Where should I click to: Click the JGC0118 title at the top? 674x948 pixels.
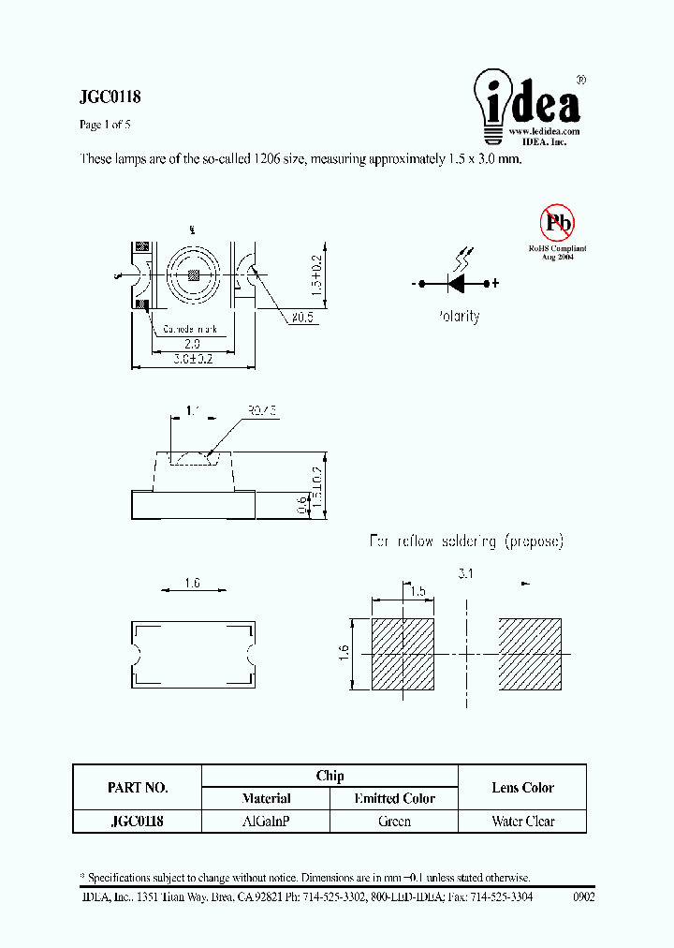coord(110,97)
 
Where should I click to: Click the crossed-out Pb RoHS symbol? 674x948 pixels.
coord(558,223)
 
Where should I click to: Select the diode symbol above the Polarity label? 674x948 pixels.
coord(458,283)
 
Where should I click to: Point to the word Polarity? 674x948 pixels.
coord(458,317)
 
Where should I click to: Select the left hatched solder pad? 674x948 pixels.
coord(403,654)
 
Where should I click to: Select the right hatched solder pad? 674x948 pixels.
coord(530,654)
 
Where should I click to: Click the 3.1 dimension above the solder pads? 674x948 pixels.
coord(465,573)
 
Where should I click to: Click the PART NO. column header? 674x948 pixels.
coord(138,787)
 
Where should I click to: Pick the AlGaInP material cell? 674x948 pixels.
coord(266,822)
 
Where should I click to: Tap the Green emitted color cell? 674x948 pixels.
coord(394,822)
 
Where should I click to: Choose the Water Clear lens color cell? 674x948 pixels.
coord(522,822)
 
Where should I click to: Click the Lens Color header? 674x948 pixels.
coord(522,788)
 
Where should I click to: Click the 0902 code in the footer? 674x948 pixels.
coord(583,896)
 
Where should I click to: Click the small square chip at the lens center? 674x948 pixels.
coord(193,275)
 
